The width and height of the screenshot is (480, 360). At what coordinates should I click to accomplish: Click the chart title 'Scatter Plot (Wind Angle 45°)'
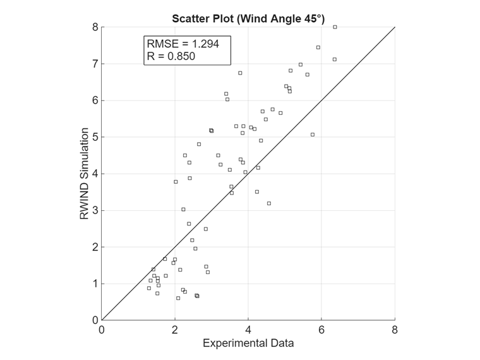point(248,18)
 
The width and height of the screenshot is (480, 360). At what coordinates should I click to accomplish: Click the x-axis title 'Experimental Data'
point(248,344)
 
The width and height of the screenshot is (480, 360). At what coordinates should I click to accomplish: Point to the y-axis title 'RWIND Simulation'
point(84,173)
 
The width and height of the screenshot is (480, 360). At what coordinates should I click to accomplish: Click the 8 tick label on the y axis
point(95,27)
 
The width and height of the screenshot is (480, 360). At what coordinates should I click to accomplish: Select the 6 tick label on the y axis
point(95,100)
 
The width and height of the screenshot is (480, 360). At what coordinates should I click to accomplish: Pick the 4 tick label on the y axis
point(95,174)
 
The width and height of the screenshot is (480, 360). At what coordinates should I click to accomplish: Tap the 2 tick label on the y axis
point(95,247)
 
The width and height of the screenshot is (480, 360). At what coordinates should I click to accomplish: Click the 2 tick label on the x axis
point(175,330)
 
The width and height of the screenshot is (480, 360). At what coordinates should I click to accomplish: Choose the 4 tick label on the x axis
point(248,330)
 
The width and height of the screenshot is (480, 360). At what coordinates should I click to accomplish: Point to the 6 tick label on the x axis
point(321,330)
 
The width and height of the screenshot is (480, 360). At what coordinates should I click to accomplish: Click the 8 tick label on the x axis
point(395,330)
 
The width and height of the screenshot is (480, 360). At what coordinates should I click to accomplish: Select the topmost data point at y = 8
point(335,27)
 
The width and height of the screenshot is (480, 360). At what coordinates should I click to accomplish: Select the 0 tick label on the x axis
point(102,330)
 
